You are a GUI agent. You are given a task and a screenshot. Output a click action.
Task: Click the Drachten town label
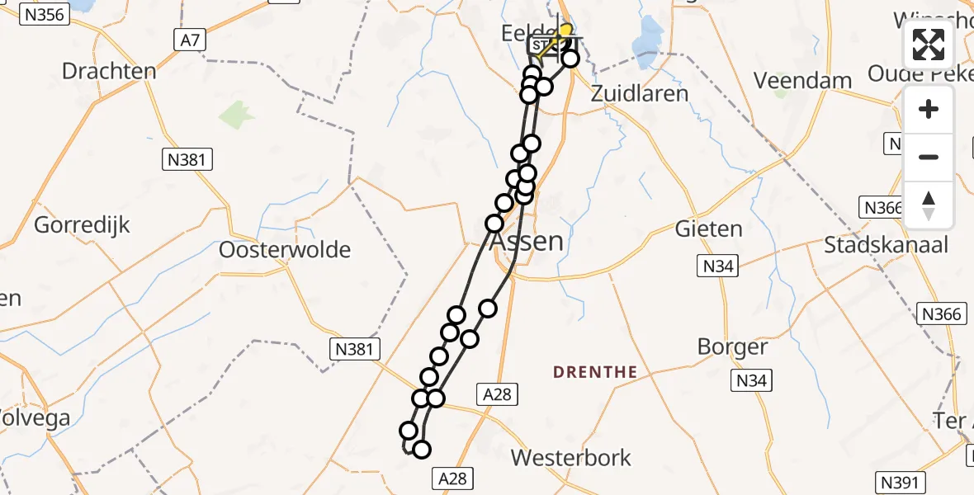109,71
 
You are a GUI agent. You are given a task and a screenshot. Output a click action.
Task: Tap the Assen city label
527,242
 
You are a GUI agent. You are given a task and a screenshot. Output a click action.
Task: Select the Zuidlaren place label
640,93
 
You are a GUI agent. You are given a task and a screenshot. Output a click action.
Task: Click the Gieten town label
708,229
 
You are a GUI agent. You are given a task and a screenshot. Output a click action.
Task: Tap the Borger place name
733,346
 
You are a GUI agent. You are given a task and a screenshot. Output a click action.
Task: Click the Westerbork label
571,457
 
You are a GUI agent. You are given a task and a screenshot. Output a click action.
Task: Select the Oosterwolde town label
285,249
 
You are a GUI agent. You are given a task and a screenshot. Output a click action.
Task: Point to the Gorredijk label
83,224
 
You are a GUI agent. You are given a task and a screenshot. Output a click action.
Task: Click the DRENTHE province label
595,372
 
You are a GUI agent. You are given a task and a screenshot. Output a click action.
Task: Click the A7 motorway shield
189,40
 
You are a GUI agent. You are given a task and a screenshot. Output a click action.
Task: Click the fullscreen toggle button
929,45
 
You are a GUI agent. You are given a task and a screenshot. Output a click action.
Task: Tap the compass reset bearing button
929,205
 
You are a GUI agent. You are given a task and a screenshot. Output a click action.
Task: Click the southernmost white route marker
422,449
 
